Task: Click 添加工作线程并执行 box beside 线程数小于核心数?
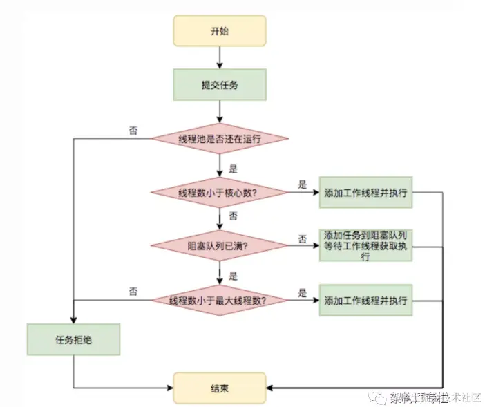(365, 192)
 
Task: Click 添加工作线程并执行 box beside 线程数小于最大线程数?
(365, 301)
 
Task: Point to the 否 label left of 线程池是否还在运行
(133, 129)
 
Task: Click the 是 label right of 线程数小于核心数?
(302, 184)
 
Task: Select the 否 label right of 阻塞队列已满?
(302, 238)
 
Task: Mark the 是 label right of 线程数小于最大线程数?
(302, 293)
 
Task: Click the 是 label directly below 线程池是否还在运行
(233, 168)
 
